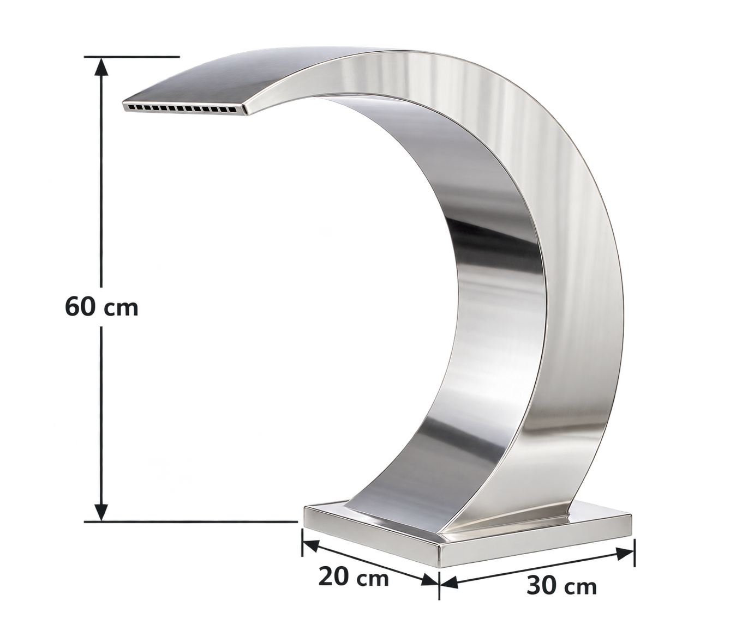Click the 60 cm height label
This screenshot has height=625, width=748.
pos(101,307)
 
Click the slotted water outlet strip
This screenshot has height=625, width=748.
pos(185,108)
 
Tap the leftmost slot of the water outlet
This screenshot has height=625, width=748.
pos(131,106)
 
